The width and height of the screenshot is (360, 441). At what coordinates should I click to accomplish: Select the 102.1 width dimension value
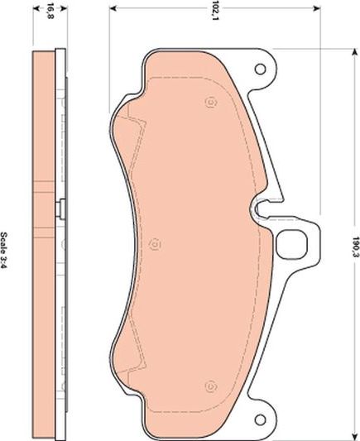pos(216,11)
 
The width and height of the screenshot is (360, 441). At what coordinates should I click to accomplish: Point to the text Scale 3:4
pos(7,246)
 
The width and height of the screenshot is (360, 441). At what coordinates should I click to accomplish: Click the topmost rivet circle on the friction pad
pos(210,103)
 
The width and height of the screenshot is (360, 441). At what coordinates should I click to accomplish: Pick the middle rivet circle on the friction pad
pos(155,243)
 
